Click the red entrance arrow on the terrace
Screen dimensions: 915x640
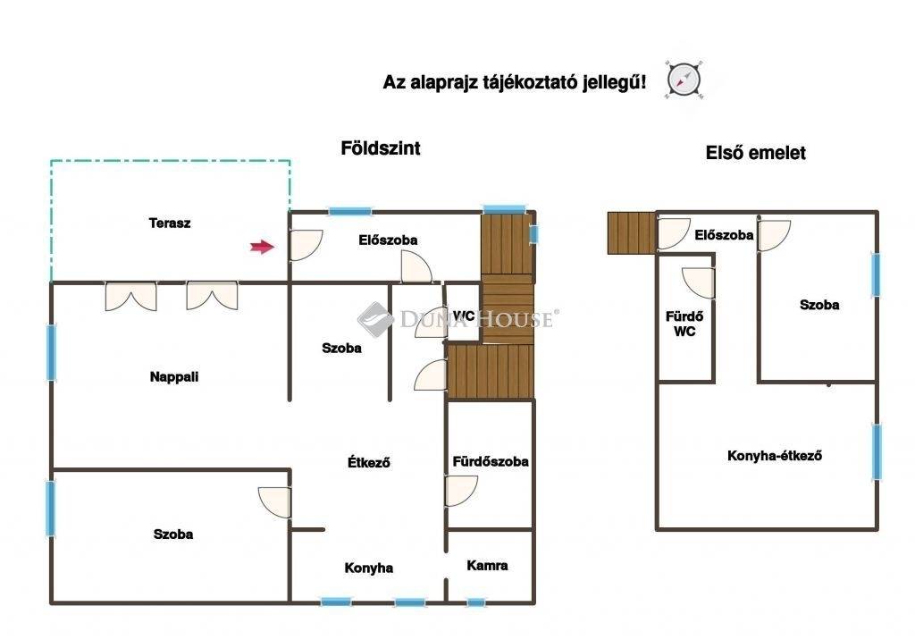(x=262, y=247)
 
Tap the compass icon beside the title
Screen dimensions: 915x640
(x=684, y=80)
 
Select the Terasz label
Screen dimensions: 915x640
(x=170, y=223)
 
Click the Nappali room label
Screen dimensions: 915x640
(x=174, y=377)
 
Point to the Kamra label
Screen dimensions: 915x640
(x=487, y=565)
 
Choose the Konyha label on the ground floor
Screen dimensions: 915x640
(x=369, y=568)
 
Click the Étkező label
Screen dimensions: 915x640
(x=369, y=462)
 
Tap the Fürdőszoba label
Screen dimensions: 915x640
(x=491, y=461)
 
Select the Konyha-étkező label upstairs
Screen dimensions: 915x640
(x=775, y=456)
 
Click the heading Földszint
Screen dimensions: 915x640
(x=381, y=147)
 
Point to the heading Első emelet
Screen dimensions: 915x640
(x=756, y=153)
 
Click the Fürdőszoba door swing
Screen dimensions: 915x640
(x=462, y=491)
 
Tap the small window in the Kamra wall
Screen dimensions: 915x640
(x=476, y=602)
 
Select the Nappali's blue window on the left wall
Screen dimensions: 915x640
(x=51, y=352)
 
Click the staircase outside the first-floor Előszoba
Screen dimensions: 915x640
(x=632, y=232)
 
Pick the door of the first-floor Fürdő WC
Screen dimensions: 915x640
(x=698, y=283)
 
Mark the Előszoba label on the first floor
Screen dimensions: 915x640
(x=724, y=235)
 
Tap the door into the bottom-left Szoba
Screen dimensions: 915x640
(x=274, y=502)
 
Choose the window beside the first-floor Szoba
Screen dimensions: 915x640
(x=876, y=274)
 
